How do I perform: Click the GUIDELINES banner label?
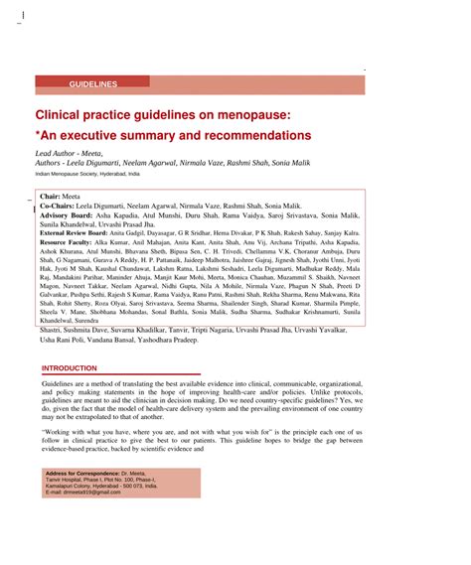(93, 85)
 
